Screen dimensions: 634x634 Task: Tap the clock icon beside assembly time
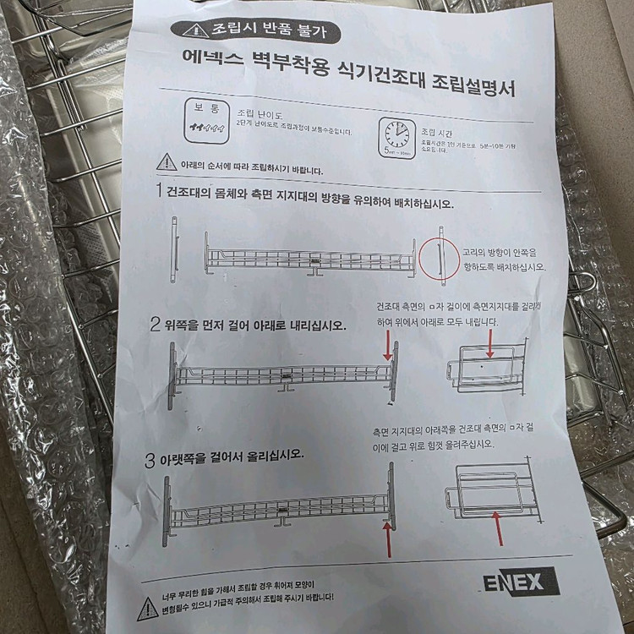pos(395,135)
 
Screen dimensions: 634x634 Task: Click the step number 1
pos(158,191)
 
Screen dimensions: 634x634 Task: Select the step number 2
pos(156,323)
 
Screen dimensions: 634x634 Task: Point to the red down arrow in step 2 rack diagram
pos(391,345)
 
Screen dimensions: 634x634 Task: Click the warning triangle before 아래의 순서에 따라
pos(167,164)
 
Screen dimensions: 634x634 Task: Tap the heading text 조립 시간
pos(439,134)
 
